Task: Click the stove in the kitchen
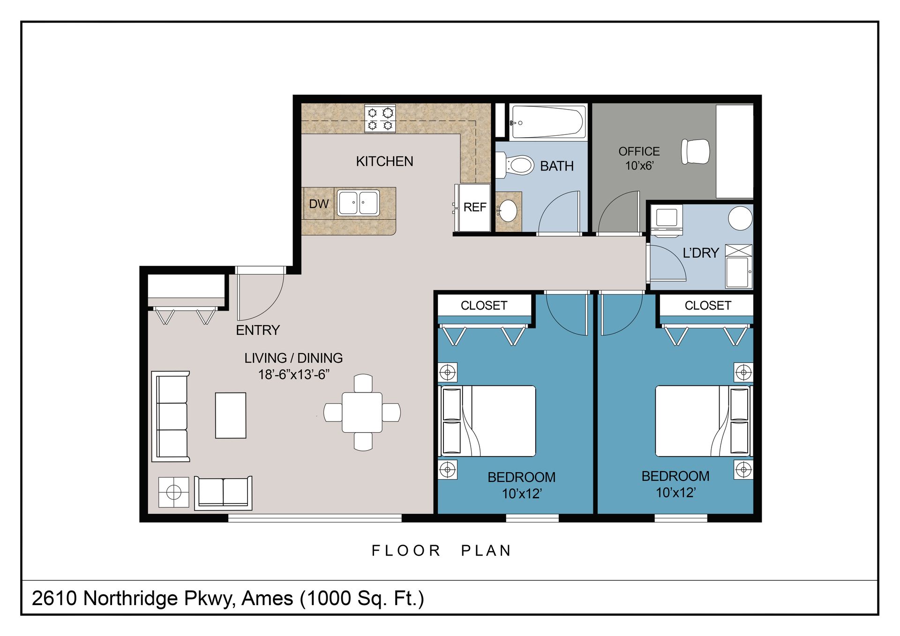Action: coord(380,118)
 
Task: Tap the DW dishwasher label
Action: coord(319,204)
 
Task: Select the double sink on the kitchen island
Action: coord(358,203)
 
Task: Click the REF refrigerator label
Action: coord(475,207)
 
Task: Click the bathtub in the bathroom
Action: coord(548,122)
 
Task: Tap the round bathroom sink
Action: coord(507,211)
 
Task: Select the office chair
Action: coord(696,151)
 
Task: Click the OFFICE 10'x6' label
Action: coord(639,158)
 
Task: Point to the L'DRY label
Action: coord(701,253)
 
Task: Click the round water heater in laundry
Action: coord(740,218)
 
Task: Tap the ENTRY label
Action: coord(258,330)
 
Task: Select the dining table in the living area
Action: coord(362,412)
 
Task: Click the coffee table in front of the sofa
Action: coord(231,415)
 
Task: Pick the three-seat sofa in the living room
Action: coord(171,416)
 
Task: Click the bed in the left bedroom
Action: coord(487,421)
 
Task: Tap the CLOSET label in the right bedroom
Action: coord(708,305)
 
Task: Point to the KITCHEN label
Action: coord(384,161)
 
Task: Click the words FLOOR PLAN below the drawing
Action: coord(441,550)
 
